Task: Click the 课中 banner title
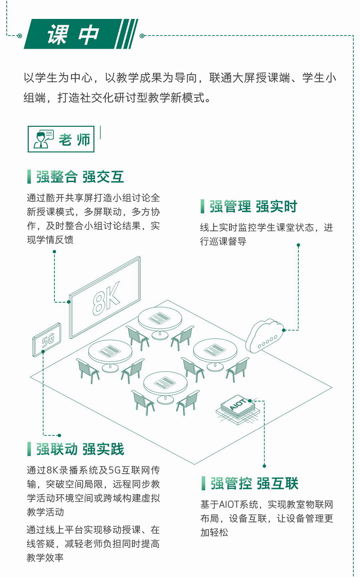coord(73,34)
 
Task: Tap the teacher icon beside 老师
coord(43,139)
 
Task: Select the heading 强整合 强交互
coord(80,177)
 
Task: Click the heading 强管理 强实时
coord(253,206)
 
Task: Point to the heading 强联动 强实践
coord(80,449)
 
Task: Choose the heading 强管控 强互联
coord(254,483)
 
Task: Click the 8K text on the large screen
coord(106,298)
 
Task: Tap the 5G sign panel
coord(47,340)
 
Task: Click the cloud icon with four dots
coord(265,335)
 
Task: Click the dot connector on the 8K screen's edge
coord(69,302)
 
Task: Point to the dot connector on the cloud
coord(283,330)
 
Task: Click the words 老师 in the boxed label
coord(74,139)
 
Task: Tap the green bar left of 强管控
coord(203,483)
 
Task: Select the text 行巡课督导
coord(223,242)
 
